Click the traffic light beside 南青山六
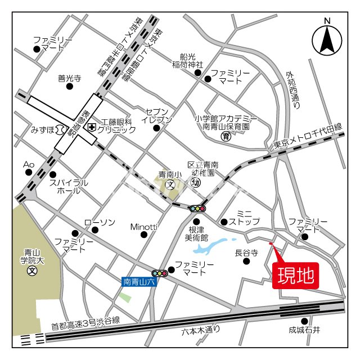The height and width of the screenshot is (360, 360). [x=161, y=273]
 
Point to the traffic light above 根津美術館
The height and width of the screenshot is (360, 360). [x=197, y=208]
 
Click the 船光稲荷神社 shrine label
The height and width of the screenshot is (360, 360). [x=187, y=60]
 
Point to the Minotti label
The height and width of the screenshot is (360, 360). [x=143, y=227]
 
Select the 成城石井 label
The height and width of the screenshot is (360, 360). [x=304, y=330]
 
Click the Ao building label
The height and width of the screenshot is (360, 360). [x=29, y=164]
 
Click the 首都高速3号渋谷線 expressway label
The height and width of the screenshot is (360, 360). [x=85, y=321]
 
